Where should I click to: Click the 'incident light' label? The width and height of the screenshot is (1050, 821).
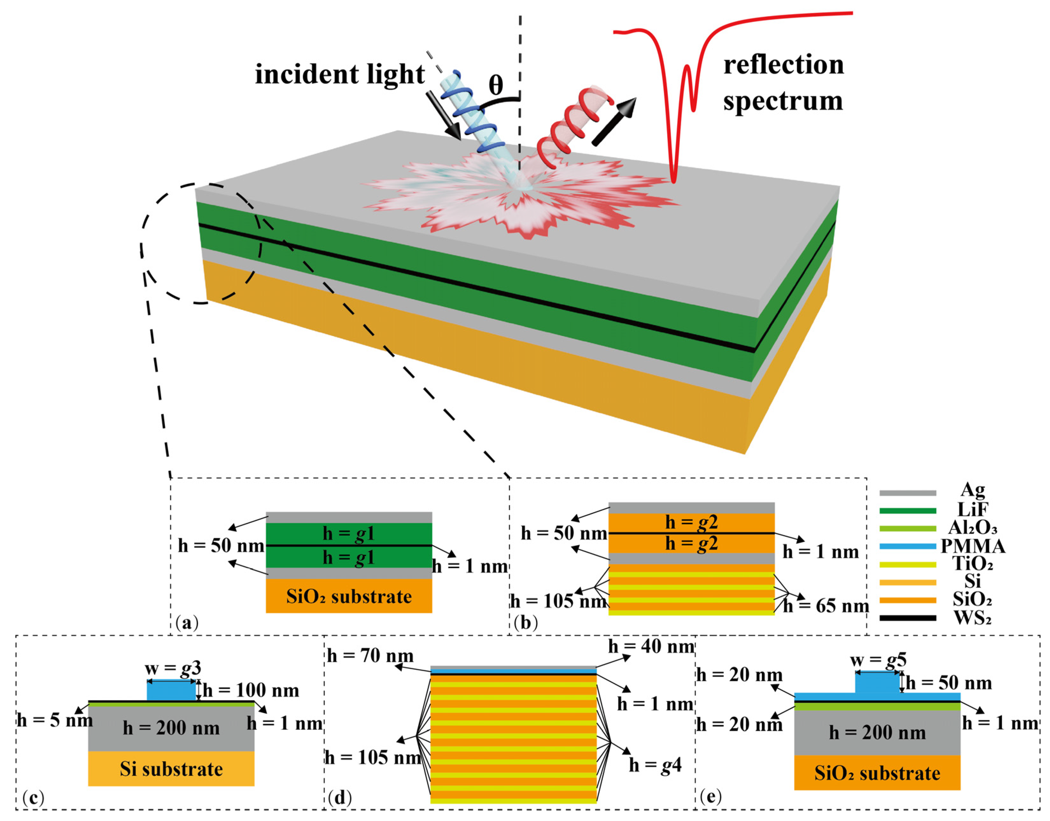click(339, 75)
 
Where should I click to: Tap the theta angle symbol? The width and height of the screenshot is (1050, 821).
click(496, 86)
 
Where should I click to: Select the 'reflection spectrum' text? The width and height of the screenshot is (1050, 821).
click(783, 83)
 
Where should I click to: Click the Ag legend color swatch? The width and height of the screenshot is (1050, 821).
click(908, 493)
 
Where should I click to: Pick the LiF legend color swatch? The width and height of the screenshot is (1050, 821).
click(908, 511)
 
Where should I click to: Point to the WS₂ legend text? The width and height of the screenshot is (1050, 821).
click(972, 618)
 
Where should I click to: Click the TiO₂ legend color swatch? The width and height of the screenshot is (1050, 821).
click(908, 565)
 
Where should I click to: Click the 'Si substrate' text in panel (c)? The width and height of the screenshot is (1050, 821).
click(171, 769)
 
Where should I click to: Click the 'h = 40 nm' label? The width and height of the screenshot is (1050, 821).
click(652, 646)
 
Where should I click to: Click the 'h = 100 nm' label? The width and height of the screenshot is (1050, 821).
click(250, 691)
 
